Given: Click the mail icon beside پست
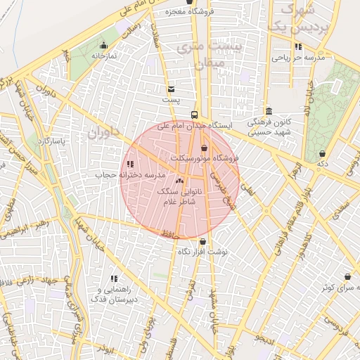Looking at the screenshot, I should (x=171, y=89).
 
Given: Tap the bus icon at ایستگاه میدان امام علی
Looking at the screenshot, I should (x=194, y=115).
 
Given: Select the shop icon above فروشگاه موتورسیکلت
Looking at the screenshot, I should (x=204, y=148).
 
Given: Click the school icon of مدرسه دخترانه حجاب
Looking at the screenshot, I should (x=129, y=164).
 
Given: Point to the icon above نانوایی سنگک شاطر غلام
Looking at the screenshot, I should (x=179, y=181).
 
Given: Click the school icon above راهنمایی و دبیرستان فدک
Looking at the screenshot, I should (x=114, y=279).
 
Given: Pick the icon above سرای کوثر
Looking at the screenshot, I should (x=347, y=277).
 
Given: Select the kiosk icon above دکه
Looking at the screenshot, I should (x=322, y=153).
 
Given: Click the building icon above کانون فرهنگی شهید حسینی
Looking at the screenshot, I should (x=269, y=111).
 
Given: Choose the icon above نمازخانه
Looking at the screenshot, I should (x=103, y=46).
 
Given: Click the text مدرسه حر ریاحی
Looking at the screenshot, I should (x=300, y=58).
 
